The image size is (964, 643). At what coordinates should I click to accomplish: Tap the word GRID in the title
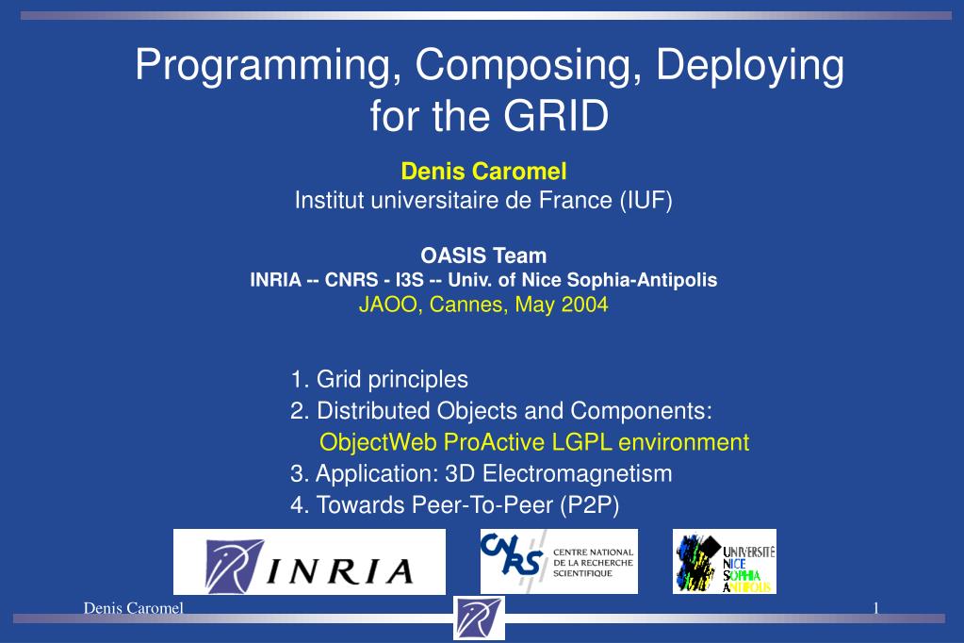coord(556,116)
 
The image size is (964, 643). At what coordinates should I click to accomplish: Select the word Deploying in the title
coord(750,65)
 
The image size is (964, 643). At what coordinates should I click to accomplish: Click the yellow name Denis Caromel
coord(483,171)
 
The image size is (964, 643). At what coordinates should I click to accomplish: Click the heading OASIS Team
coord(483,256)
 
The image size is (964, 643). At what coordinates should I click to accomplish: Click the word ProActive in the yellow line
coord(495,442)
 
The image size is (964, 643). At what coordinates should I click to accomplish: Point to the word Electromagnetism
coord(578,474)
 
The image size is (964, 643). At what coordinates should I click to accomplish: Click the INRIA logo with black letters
coord(309,561)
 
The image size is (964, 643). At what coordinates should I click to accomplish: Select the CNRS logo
coord(559,561)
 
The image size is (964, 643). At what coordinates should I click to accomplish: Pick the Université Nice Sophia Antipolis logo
coord(725,561)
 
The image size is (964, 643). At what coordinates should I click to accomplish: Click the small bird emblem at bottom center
coord(479,618)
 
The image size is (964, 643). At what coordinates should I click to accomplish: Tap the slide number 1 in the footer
coord(876,608)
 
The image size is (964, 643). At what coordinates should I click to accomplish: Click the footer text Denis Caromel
coord(134,608)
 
